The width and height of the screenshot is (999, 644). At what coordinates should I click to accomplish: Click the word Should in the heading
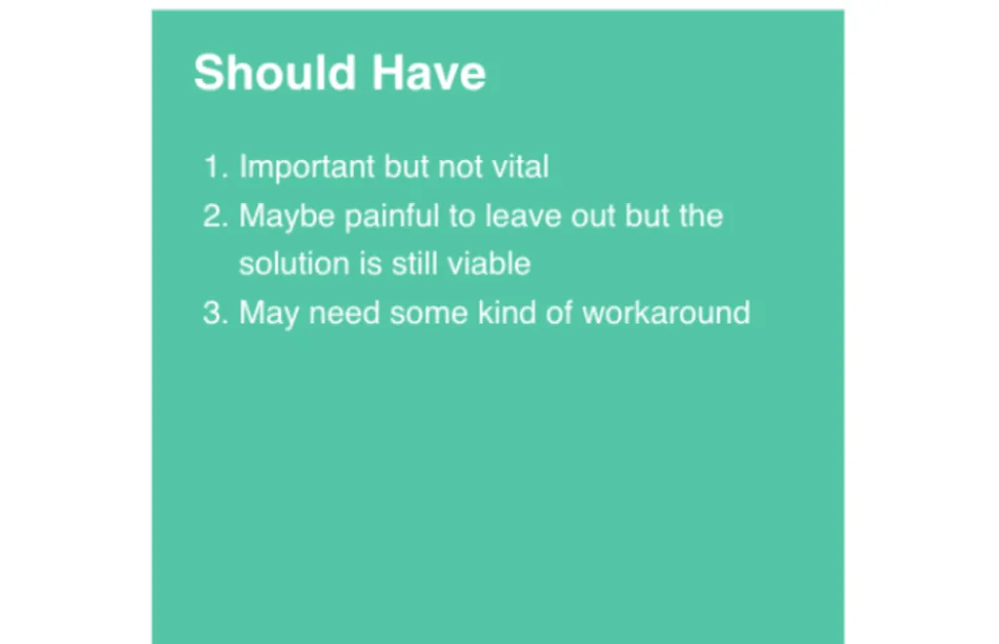[x=274, y=72]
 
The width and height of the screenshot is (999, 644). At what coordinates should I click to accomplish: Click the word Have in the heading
[x=429, y=72]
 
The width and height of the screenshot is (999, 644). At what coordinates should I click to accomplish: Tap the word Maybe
[x=287, y=218]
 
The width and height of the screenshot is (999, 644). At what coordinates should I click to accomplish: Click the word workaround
[x=666, y=313]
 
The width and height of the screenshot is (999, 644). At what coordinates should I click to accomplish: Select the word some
[x=429, y=313]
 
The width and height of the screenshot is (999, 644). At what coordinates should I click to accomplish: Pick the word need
[x=344, y=313]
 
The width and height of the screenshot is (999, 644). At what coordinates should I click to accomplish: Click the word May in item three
[x=269, y=314]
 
